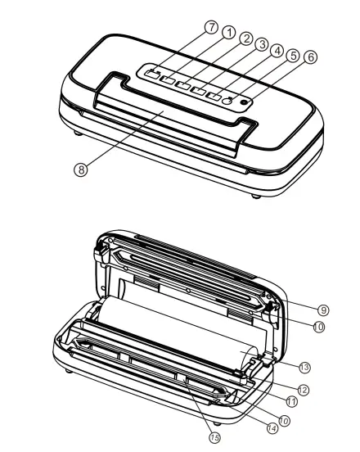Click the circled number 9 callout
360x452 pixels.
click(x=324, y=310)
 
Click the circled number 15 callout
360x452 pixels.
click(x=214, y=438)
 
